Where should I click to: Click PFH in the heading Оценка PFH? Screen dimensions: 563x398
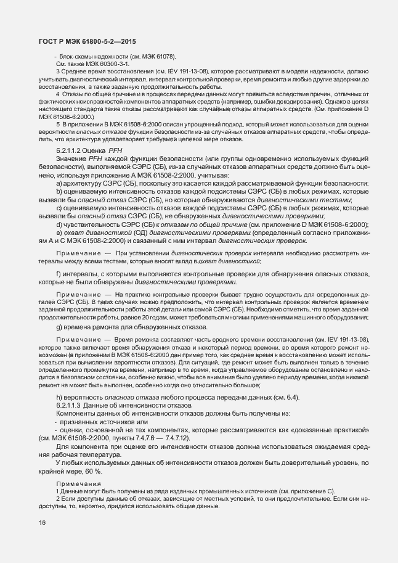pyautogui.click(x=115, y=150)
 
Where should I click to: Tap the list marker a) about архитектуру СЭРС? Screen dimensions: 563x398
pyautogui.click(x=59, y=183)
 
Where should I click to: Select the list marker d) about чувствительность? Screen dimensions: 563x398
pyautogui.click(x=59, y=224)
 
